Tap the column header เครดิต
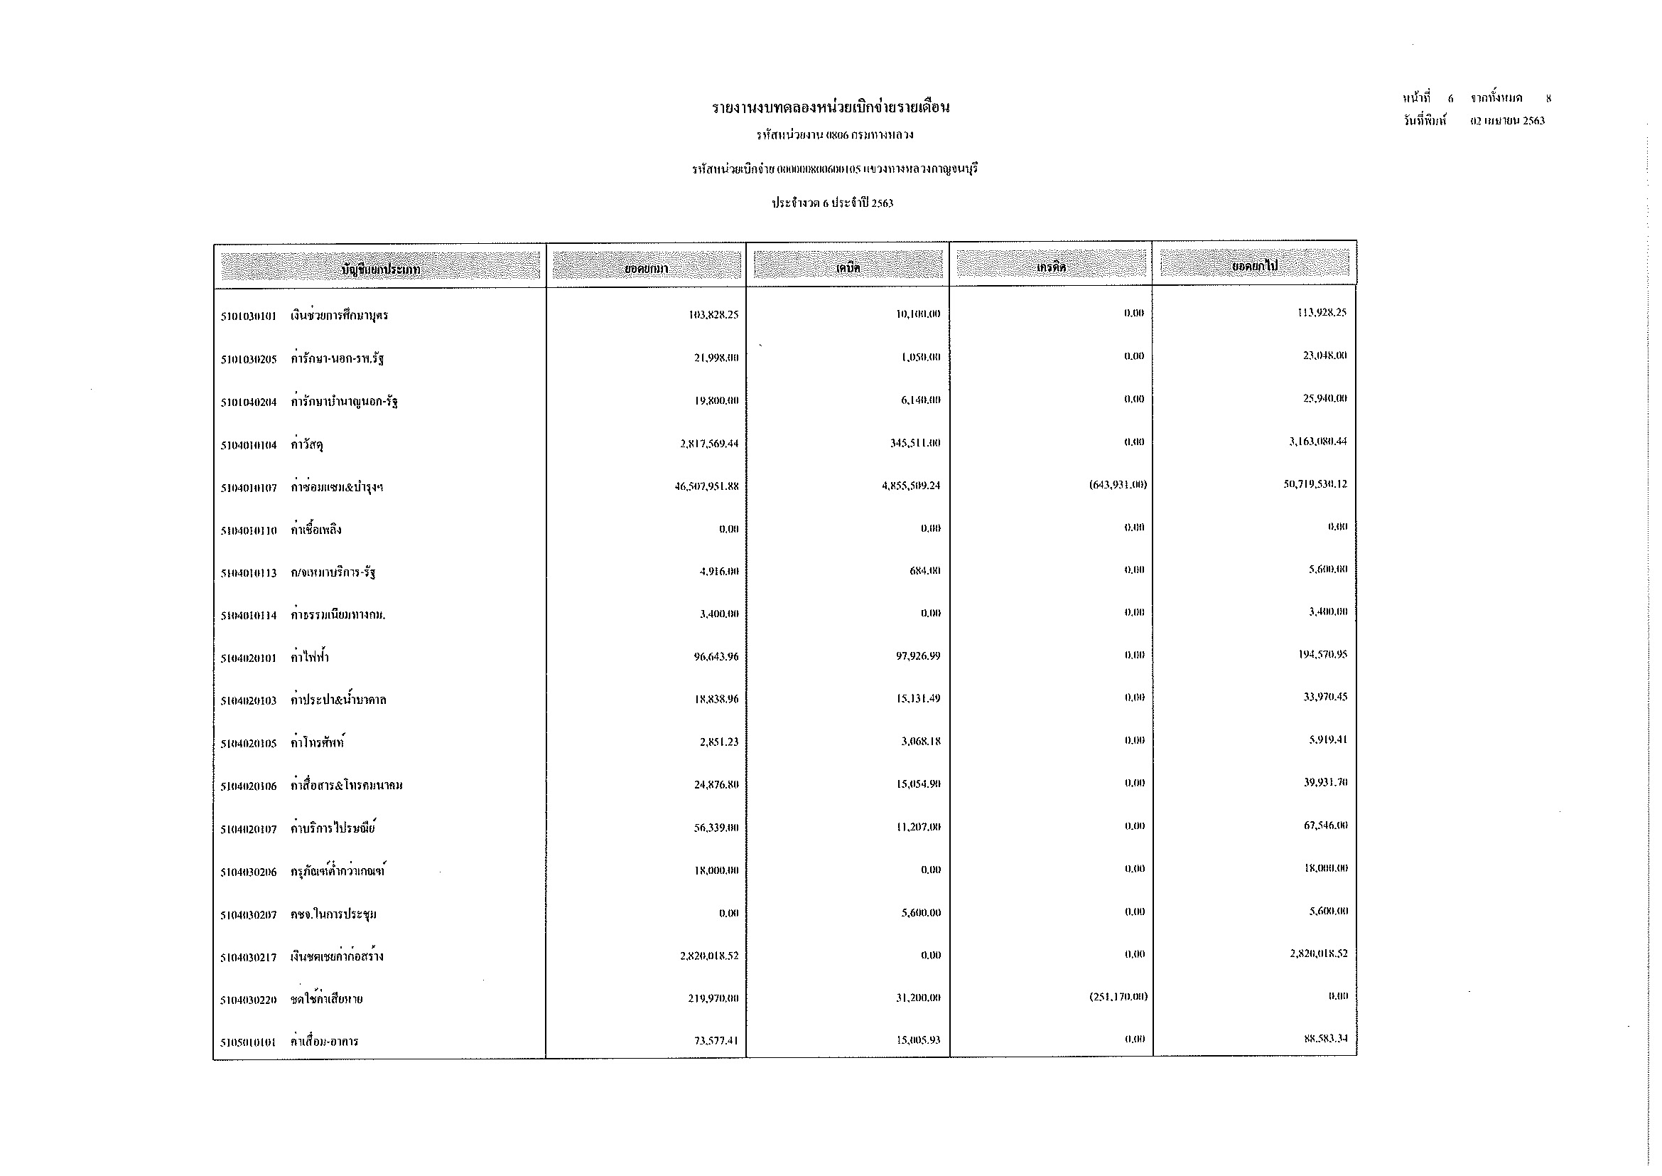[1050, 267]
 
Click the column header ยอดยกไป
[1254, 267]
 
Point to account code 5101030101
[248, 316]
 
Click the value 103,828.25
[713, 314]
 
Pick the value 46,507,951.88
[706, 486]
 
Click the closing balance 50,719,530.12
[1315, 484]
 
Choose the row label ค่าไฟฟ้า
[309, 658]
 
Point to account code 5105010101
[248, 1043]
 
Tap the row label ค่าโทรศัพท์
[317, 743]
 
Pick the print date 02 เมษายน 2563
[1507, 121]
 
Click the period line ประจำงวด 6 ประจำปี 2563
[832, 203]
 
